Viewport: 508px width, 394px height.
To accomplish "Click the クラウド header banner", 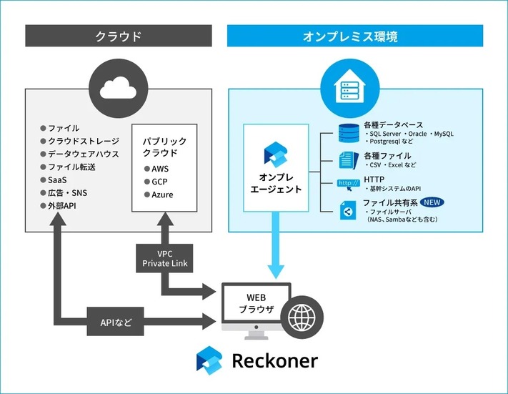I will [x=119, y=36].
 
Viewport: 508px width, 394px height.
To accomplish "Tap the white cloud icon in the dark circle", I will [x=119, y=88].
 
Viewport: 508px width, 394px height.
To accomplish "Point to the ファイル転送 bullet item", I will [x=71, y=167].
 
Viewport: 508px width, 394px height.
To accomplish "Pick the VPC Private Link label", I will [x=165, y=258].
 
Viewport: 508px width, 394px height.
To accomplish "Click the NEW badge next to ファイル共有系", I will [x=432, y=202].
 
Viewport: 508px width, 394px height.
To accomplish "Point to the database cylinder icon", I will [x=349, y=134].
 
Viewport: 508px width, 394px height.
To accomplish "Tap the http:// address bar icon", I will [x=349, y=183].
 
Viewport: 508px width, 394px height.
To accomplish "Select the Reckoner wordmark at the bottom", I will [x=274, y=361].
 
